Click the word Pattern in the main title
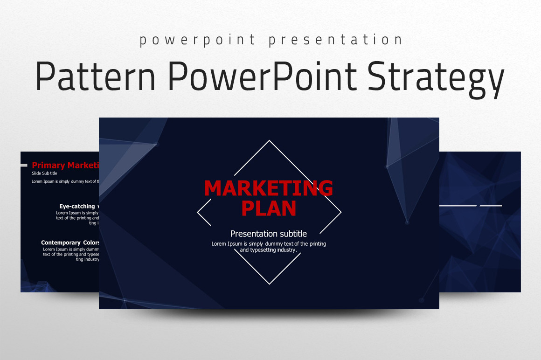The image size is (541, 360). point(95,76)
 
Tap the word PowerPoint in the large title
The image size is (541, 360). point(262,76)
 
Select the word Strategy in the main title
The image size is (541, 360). point(436,77)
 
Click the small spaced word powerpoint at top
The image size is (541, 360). point(198,40)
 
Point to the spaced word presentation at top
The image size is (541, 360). point(335,40)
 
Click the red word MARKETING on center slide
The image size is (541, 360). point(269,188)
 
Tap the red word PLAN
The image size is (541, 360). point(269,208)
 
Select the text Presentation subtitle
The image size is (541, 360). point(269,234)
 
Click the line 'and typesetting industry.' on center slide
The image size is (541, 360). point(269,250)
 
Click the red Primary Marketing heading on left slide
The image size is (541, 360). point(65,165)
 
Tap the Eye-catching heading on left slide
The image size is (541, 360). point(77,206)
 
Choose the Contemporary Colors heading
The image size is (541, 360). point(70,242)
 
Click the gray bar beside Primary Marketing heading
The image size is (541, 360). point(24,165)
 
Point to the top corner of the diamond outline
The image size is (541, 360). point(269,141)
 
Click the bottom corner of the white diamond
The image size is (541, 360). point(269,284)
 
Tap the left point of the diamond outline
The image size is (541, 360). point(198,212)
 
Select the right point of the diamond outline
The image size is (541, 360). point(341,212)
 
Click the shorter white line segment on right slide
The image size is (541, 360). point(491,206)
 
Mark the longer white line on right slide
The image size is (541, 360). point(458,206)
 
